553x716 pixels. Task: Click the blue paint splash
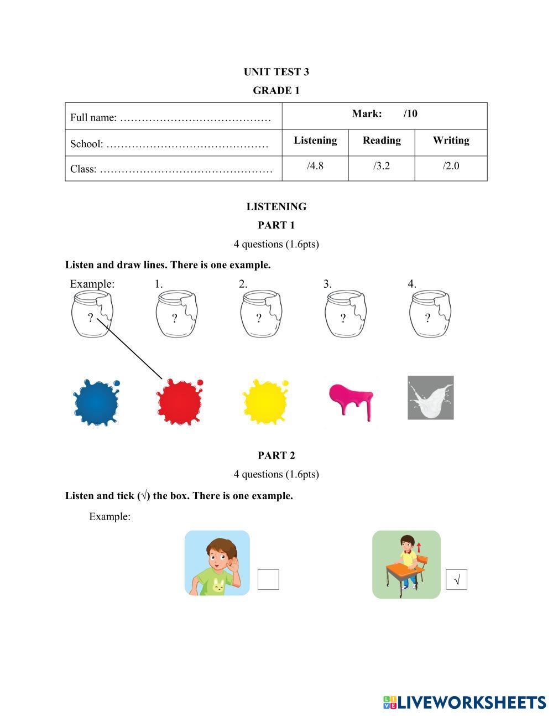pos(96,402)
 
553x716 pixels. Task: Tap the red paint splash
pos(179,402)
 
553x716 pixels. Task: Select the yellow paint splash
pos(265,402)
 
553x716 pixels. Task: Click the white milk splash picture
pos(430,398)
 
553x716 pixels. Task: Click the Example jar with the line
pos(92,314)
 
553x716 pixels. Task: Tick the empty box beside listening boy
pos(268,579)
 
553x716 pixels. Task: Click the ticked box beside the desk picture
pos(456,579)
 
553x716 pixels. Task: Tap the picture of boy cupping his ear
pos(217,563)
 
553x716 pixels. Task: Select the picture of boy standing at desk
pos(406,564)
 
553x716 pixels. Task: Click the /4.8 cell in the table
pos(315,166)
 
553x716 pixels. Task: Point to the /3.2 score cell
pos(382,166)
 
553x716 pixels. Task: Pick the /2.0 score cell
pos(451,166)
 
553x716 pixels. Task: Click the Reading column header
pos(382,141)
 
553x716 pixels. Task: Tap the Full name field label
pos(93,118)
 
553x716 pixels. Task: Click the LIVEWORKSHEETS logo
pos(464,703)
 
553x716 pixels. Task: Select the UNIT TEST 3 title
pos(276,72)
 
